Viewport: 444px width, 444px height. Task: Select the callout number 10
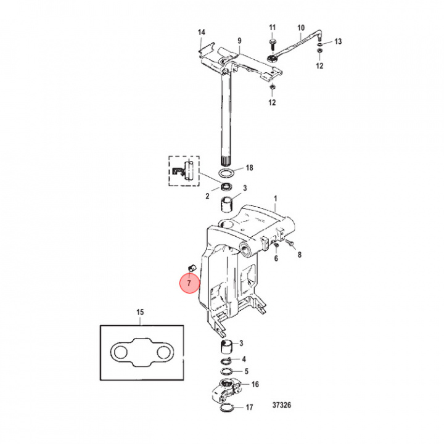tap(301, 27)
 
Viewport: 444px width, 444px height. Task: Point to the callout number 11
tap(273, 27)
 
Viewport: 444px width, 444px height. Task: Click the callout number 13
tap(337, 41)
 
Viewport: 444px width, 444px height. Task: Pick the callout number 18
tap(249, 168)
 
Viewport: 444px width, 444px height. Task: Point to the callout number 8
tap(300, 254)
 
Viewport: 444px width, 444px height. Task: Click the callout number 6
tap(276, 258)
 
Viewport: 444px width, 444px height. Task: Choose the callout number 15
tap(140, 313)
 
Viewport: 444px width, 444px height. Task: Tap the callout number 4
tap(244, 359)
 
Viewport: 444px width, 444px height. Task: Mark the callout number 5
tap(246, 371)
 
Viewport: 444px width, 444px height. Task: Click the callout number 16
tap(255, 384)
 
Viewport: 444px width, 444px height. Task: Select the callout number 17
tap(249, 408)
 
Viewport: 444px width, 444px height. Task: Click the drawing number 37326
tap(282, 406)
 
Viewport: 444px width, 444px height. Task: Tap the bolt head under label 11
tap(272, 41)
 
